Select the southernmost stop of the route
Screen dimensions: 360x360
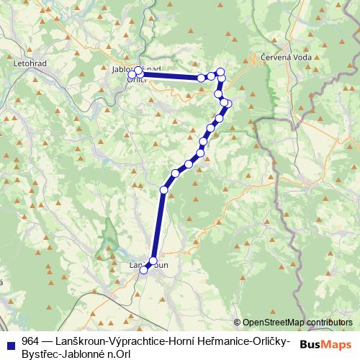pos(143,269)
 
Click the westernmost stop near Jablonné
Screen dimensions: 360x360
pos(132,75)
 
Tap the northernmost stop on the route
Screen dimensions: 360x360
pos(220,71)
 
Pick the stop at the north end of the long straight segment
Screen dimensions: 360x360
pos(164,189)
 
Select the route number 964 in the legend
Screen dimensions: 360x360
pos(30,340)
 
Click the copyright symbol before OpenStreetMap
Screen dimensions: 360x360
pos(238,323)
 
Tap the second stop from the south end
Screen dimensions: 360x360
pos(153,261)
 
